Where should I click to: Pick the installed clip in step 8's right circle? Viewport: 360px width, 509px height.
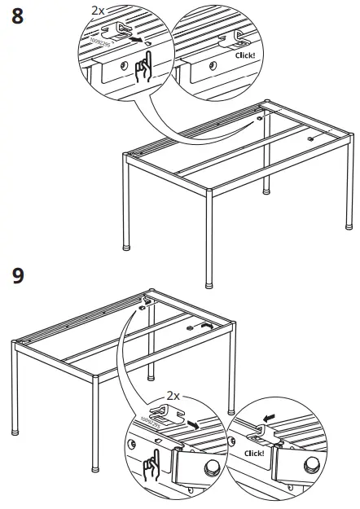click(x=241, y=36)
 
